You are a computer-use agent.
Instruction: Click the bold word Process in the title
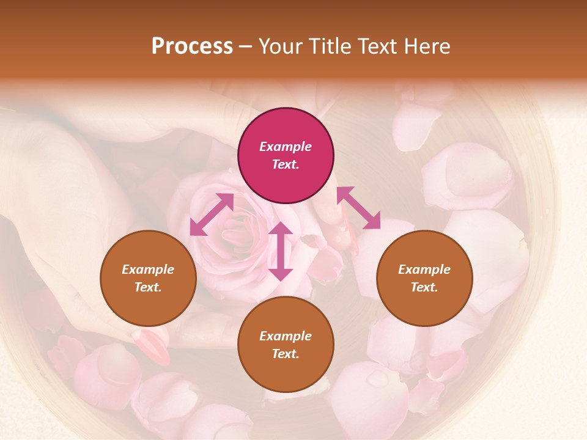tap(192, 46)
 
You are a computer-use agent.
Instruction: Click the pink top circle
tap(286, 156)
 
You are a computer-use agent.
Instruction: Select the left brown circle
tap(148, 278)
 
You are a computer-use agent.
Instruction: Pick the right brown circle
tap(424, 278)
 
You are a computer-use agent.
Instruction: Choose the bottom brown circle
tap(286, 345)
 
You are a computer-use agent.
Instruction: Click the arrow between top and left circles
tap(212, 214)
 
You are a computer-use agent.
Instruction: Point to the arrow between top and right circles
tap(358, 208)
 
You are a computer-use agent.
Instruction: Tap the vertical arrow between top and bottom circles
tap(281, 251)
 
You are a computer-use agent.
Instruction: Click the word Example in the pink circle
tap(286, 147)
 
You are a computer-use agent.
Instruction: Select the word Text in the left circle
tap(148, 287)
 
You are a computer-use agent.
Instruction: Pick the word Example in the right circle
tap(424, 269)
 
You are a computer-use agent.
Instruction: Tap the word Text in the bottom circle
tap(286, 354)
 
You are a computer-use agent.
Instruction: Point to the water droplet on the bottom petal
tap(377, 380)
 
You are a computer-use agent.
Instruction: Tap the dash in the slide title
tap(246, 47)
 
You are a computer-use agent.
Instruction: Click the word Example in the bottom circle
tap(286, 336)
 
